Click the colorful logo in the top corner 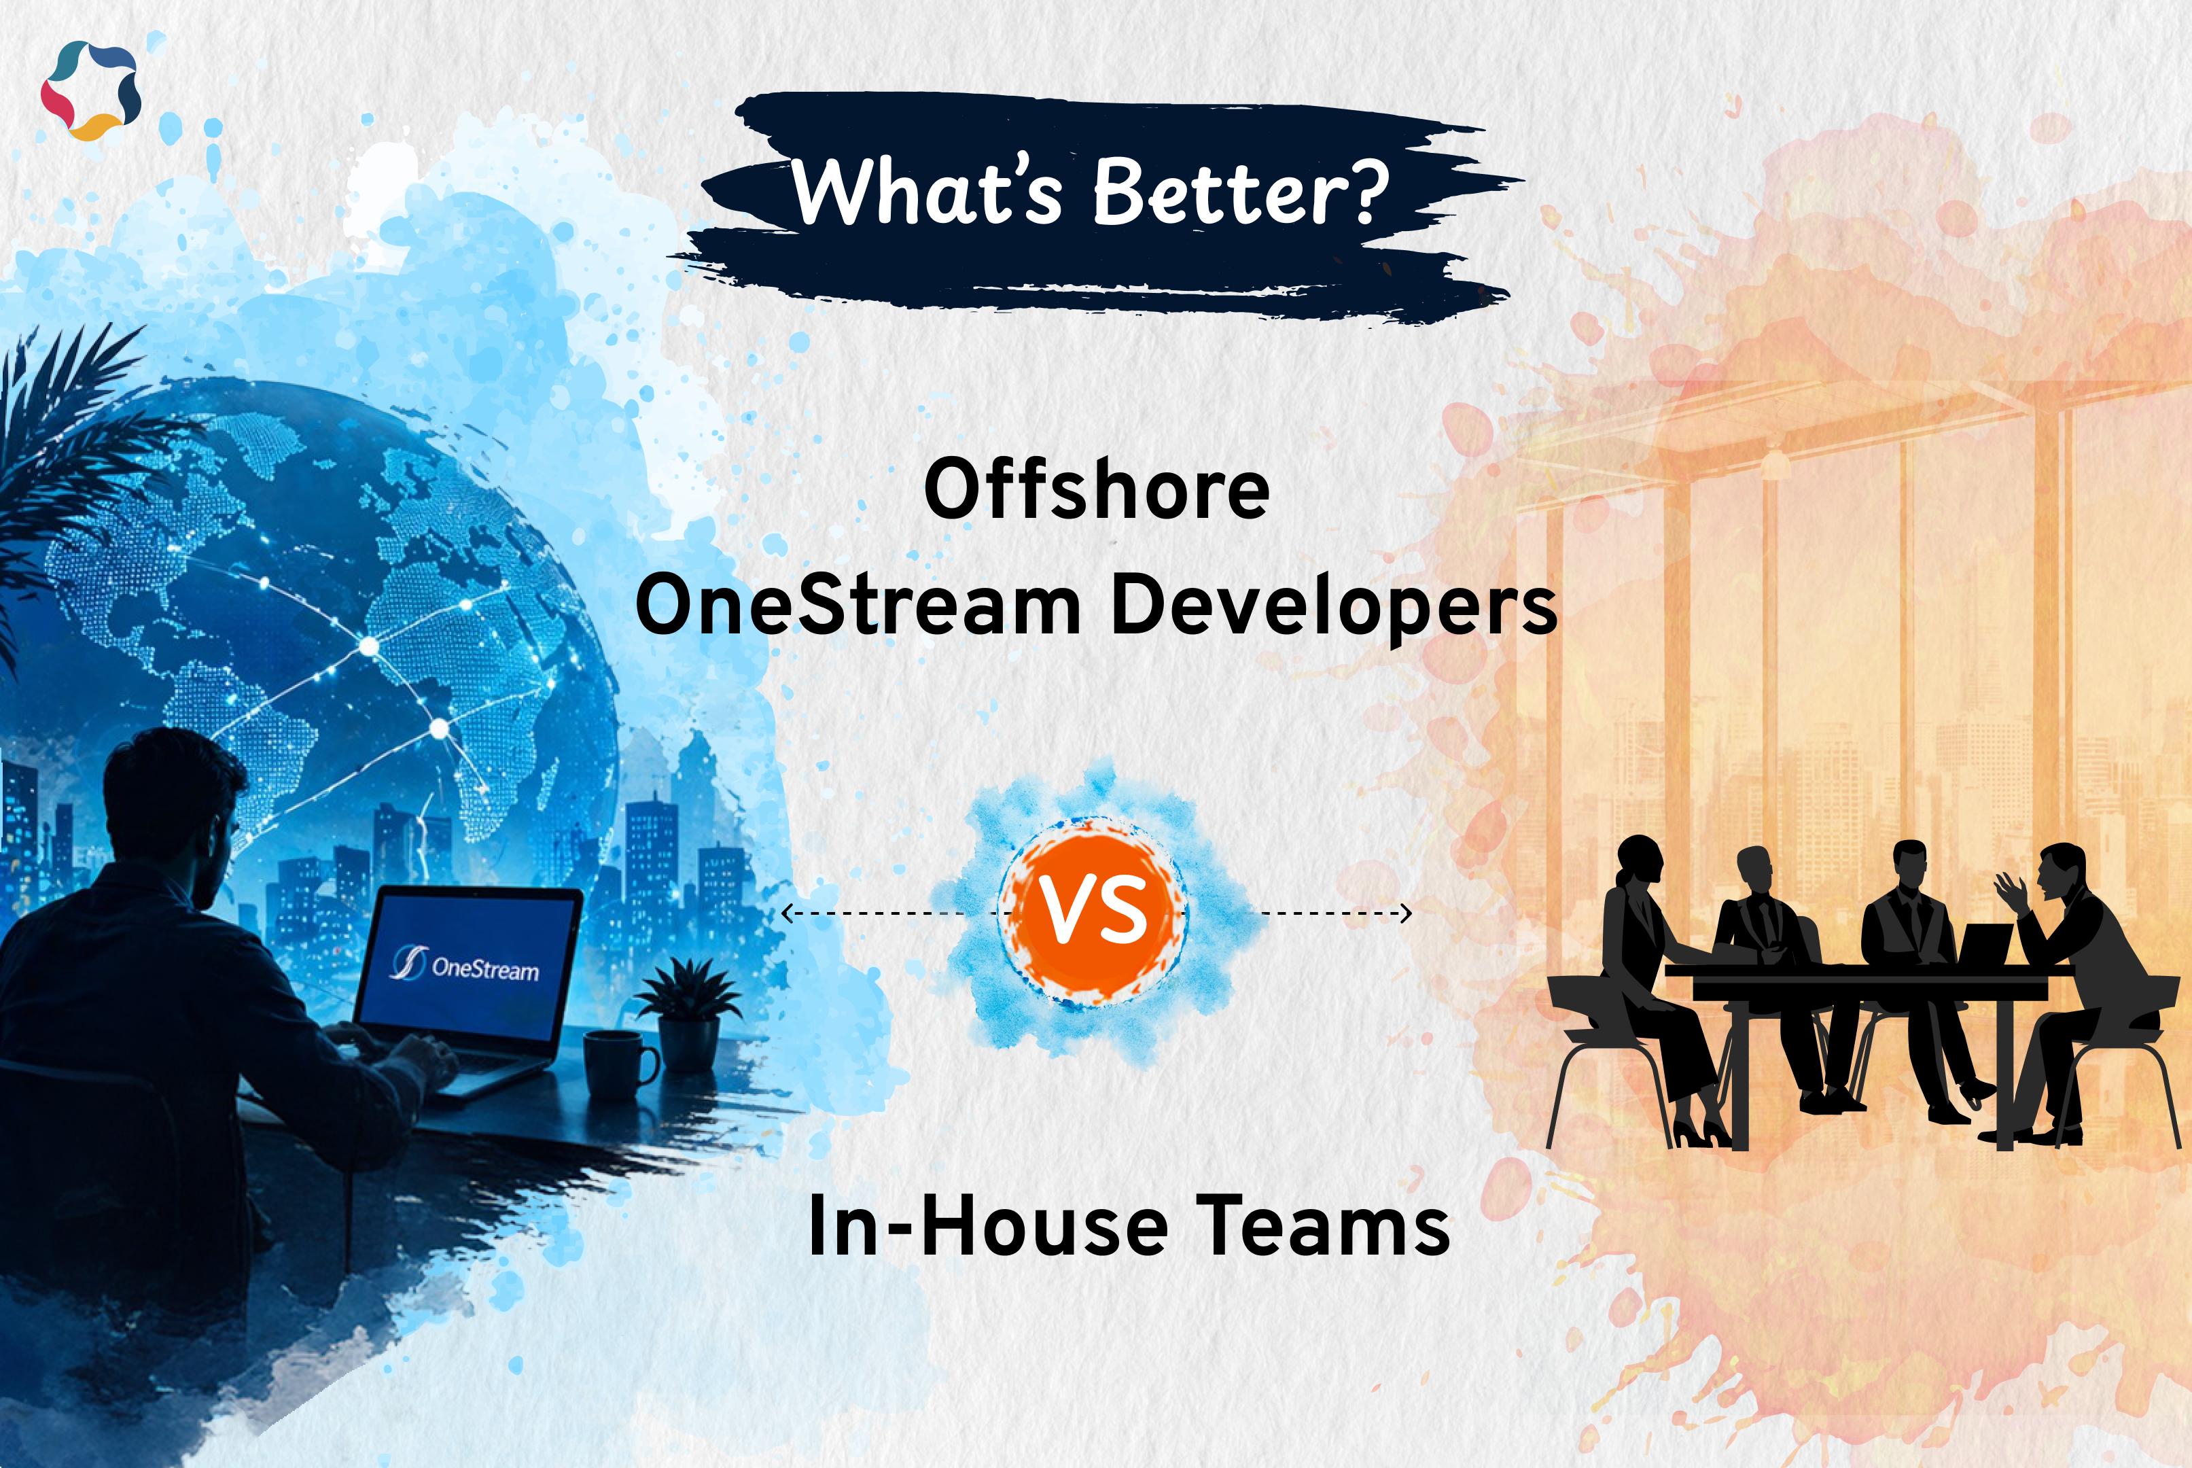(x=91, y=90)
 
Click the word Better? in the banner (x=1240, y=192)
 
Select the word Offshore (x=1096, y=489)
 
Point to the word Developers (x=1334, y=607)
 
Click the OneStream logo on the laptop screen (x=465, y=964)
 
